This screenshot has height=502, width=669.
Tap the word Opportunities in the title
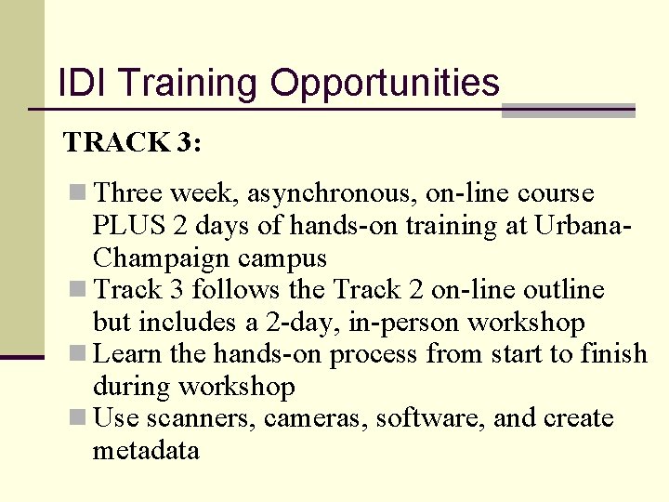tap(385, 85)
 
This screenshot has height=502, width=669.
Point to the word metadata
tap(146, 451)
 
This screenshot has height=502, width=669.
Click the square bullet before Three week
tap(79, 193)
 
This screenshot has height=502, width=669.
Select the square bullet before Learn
tap(79, 354)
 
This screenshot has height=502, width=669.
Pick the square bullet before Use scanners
tap(79, 418)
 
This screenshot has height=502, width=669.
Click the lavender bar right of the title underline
tap(568, 111)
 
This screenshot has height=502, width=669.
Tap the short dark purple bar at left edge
tap(22, 356)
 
